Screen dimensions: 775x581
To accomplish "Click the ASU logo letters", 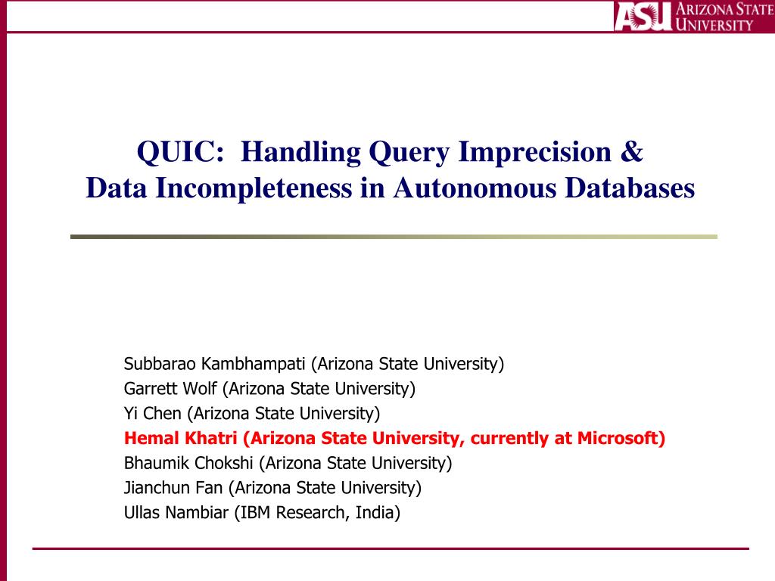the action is click(x=643, y=17).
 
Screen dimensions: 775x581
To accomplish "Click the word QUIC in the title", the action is click(x=180, y=151).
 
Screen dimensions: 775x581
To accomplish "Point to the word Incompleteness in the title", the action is click(x=254, y=188).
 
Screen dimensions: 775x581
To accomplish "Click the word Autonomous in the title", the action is click(x=475, y=188).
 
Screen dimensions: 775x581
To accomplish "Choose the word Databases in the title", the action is click(x=630, y=188).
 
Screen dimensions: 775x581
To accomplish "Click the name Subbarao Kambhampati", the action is click(x=214, y=364).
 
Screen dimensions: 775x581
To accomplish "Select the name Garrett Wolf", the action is click(x=170, y=388).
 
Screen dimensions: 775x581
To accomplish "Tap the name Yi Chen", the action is click(x=153, y=413).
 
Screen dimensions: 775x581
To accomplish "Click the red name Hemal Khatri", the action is click(x=180, y=438).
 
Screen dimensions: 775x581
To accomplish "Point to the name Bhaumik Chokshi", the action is click(x=188, y=463).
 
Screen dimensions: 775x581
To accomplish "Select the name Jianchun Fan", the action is click(x=173, y=488).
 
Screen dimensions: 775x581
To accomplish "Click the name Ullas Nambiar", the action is click(x=176, y=512).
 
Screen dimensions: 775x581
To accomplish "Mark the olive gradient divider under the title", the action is click(x=394, y=237).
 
